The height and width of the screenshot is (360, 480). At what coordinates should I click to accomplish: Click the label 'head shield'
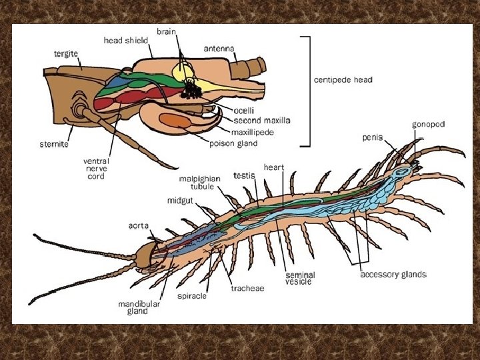tap(126, 40)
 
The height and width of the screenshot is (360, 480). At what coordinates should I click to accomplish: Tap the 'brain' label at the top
tap(167, 31)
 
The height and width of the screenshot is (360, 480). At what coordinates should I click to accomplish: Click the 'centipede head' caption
tap(343, 79)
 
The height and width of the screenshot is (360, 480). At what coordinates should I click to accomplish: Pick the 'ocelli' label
tap(246, 110)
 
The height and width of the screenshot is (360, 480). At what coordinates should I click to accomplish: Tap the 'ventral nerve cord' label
tap(96, 168)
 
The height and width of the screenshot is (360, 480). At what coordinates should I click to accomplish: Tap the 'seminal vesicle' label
tap(300, 279)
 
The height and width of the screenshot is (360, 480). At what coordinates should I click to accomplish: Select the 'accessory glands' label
tap(393, 274)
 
